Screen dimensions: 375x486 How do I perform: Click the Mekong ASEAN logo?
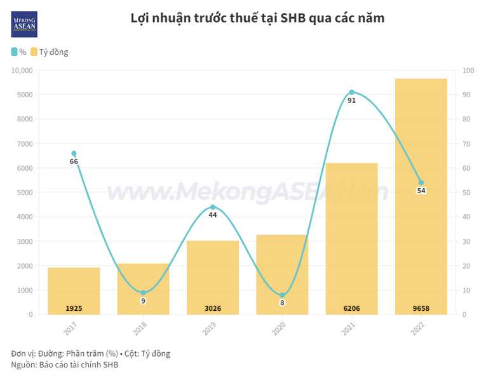[25, 24]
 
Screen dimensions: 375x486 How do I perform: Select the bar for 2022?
[421, 197]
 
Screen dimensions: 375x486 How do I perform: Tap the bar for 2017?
[74, 290]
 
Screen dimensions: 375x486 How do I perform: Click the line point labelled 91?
[351, 92]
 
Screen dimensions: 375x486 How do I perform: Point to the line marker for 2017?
[74, 153]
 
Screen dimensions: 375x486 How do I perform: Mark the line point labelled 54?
[421, 182]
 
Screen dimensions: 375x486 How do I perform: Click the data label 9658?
[421, 309]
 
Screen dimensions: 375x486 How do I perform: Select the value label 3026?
[213, 309]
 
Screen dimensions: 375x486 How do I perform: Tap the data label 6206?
[351, 309]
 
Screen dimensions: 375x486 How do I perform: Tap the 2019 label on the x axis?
[208, 329]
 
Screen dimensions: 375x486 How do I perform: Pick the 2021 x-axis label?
[347, 329]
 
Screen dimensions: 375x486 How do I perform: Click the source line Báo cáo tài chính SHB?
[78, 364]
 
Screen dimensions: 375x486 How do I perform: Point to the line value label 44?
[213, 215]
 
